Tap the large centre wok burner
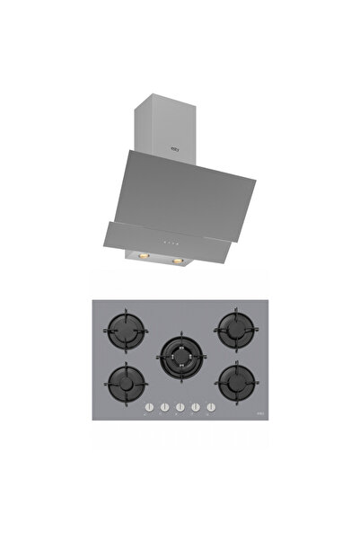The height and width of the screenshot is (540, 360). (x=180, y=361)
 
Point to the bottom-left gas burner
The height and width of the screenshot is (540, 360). (x=126, y=386)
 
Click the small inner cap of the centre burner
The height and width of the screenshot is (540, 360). (x=180, y=361)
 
